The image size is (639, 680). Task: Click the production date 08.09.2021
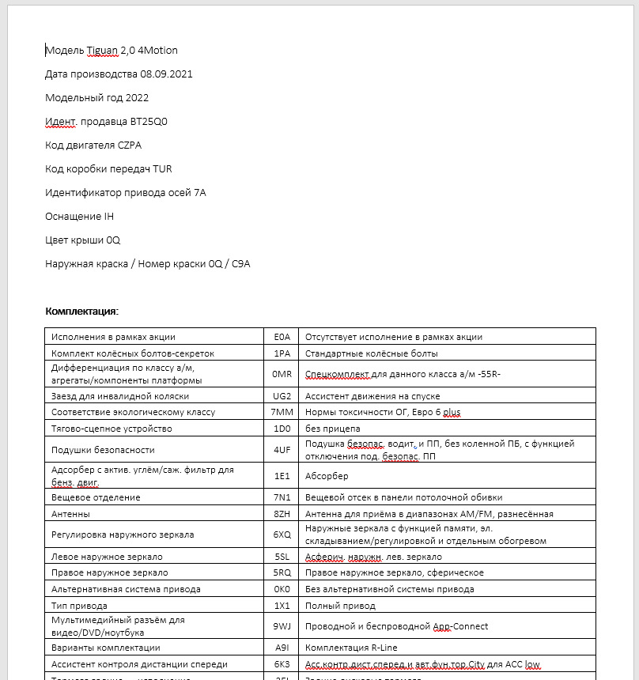click(167, 74)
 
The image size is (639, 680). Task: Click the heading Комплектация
click(82, 311)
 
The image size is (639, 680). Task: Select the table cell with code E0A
click(282, 337)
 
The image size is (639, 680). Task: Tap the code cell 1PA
click(282, 353)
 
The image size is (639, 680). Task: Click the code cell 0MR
click(282, 372)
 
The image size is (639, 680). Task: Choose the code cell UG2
click(282, 396)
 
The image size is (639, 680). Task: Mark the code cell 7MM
click(282, 412)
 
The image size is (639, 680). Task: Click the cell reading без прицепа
click(332, 429)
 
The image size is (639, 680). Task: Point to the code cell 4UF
click(282, 450)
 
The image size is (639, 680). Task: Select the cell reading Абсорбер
click(327, 477)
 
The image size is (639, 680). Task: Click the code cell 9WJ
click(282, 626)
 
